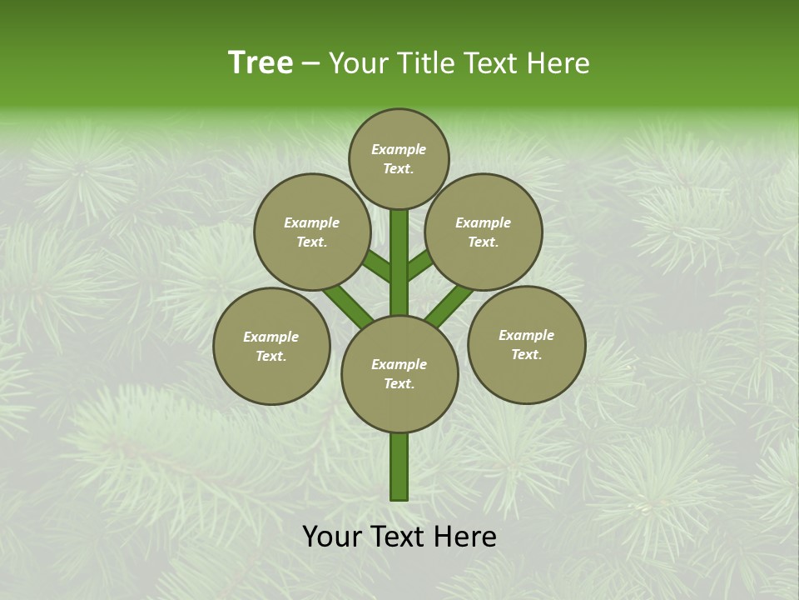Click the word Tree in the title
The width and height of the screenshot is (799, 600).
point(261,62)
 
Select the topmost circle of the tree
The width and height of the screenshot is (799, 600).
point(399,158)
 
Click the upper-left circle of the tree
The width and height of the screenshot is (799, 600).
point(311,232)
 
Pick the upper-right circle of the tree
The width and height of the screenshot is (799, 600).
point(484,232)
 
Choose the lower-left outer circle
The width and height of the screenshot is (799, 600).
point(271,346)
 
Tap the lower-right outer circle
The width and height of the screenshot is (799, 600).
point(526,344)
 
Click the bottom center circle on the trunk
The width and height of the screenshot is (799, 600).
point(399,373)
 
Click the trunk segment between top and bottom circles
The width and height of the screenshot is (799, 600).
point(399,262)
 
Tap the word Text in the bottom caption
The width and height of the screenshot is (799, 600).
point(403,537)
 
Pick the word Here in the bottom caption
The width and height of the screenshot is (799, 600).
point(469,537)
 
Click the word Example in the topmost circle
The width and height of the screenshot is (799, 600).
point(399,149)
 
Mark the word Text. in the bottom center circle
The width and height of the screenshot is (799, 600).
point(399,383)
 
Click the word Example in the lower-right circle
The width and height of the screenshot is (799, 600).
point(526,335)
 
